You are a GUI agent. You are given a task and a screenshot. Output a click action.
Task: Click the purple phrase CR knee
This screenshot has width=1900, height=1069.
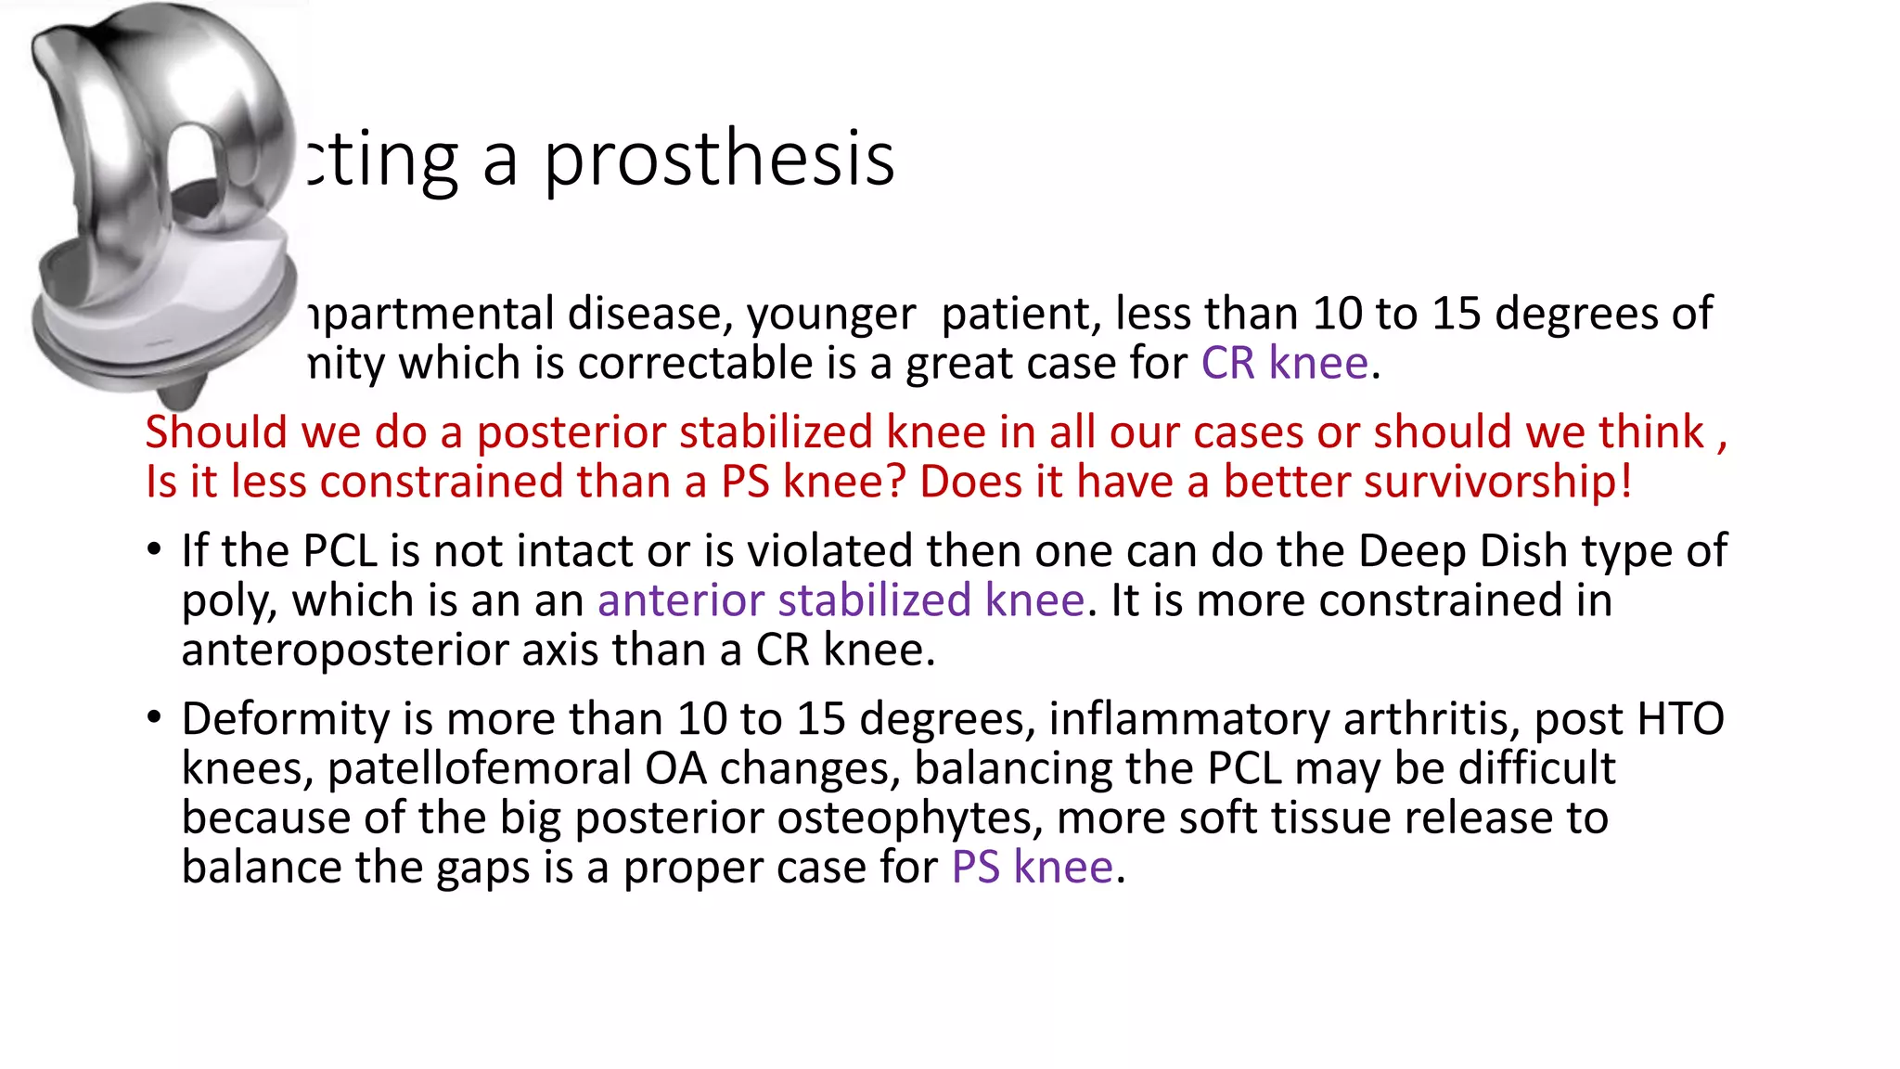(1284, 363)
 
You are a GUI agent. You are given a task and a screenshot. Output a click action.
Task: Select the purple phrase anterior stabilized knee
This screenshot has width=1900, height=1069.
(841, 600)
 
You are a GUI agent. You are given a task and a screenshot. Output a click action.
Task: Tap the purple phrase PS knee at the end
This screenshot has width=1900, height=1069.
(1032, 868)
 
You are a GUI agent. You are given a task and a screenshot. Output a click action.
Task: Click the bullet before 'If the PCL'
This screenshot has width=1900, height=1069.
(155, 549)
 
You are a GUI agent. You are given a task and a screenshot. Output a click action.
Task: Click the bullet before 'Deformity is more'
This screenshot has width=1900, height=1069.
(155, 717)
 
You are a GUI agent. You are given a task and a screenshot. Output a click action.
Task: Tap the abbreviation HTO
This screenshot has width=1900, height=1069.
(1680, 719)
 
